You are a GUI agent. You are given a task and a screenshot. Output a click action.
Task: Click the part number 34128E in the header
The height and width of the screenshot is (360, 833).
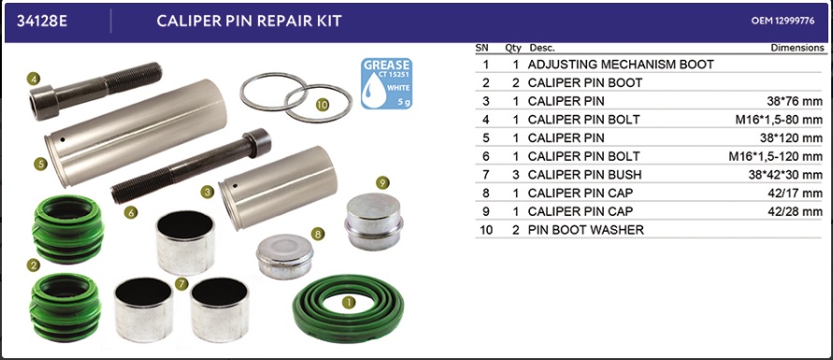[x=42, y=22]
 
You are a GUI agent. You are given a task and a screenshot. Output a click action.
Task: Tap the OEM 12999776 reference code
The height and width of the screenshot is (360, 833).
[x=783, y=22]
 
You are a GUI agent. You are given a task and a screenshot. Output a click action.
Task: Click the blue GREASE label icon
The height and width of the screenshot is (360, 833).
[x=386, y=83]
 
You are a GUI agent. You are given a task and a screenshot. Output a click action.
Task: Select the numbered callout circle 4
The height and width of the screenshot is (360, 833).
[x=34, y=79]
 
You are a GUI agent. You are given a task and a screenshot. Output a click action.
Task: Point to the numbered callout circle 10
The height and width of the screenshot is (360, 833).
[x=323, y=105]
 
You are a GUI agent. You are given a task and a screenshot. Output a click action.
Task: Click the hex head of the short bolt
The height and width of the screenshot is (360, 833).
[x=44, y=102]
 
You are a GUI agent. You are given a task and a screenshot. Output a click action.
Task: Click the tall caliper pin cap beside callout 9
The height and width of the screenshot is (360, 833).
[x=375, y=221]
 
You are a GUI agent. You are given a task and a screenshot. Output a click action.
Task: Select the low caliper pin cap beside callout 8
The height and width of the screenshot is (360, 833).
[x=285, y=256]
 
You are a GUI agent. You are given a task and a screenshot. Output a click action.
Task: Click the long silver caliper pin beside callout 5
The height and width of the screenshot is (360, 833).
[x=136, y=133]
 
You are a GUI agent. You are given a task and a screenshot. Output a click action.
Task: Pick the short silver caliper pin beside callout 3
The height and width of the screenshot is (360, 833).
[x=280, y=187]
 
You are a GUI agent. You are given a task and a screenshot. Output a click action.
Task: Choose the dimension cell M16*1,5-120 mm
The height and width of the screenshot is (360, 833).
[x=776, y=156]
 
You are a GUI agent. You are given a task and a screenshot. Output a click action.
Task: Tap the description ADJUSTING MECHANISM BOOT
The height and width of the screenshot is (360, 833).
[x=621, y=65]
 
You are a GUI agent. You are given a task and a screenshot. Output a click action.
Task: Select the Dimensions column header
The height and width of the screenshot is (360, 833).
[x=797, y=48]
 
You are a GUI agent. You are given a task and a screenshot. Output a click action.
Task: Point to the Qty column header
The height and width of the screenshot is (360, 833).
[x=513, y=48]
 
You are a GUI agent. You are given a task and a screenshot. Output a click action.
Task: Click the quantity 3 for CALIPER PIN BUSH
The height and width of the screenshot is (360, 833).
[x=516, y=175]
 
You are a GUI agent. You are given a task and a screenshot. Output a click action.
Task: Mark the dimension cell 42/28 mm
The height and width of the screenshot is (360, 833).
[x=795, y=211]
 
